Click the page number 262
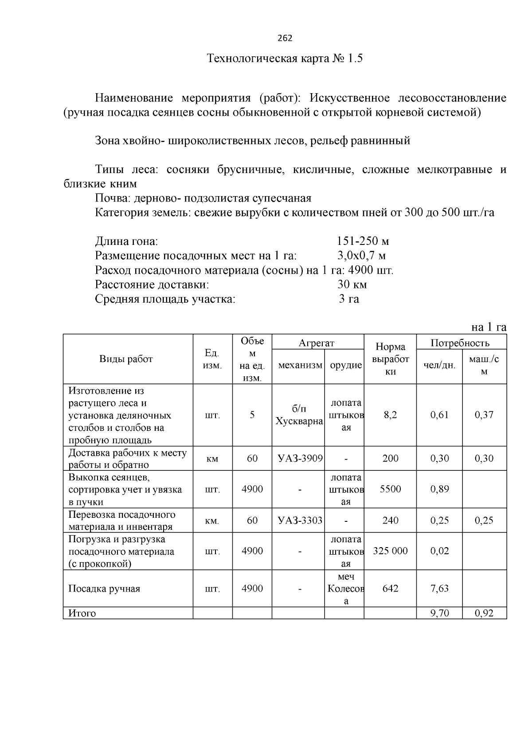point(285,38)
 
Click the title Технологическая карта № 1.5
point(285,59)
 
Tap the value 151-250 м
point(363,241)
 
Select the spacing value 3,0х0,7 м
point(361,256)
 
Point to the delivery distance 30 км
point(352,284)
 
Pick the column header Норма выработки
point(390,359)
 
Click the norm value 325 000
point(390,551)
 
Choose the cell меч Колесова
point(346,589)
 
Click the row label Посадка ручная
point(104,589)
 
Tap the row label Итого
point(82,614)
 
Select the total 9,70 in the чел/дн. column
point(439,614)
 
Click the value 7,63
point(439,589)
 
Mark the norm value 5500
point(390,489)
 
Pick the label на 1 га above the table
point(489,327)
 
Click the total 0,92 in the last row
point(484,614)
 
